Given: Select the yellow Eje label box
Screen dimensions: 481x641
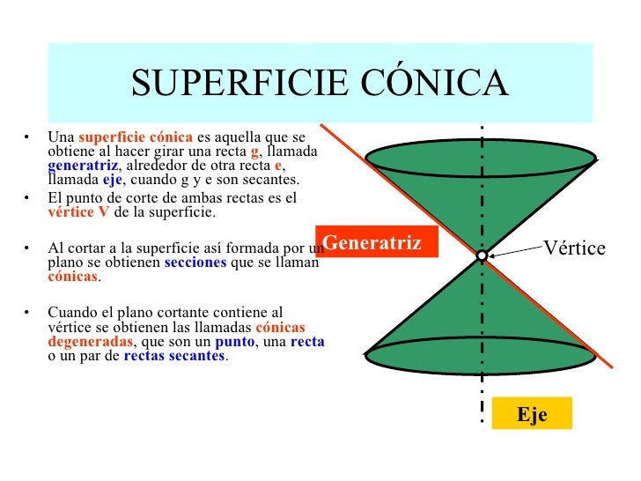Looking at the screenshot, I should [532, 414].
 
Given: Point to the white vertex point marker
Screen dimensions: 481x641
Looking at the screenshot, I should [482, 255].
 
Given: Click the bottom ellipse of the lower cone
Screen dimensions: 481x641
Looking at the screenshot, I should [481, 356].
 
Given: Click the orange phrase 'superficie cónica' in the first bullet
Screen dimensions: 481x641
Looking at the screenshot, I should [136, 137].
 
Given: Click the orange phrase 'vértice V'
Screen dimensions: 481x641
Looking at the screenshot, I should [78, 213].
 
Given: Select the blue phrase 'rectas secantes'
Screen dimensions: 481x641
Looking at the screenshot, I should [174, 356].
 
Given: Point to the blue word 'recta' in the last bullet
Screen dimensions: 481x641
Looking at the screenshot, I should [307, 342].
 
